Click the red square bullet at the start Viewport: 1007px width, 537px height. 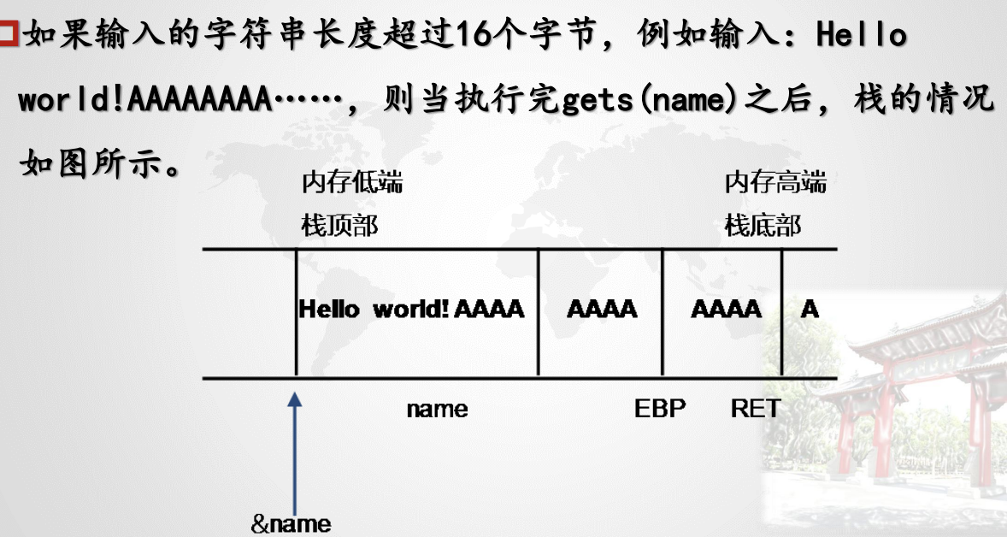click(9, 35)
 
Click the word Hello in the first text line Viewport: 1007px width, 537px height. click(861, 35)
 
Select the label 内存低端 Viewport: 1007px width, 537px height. click(351, 182)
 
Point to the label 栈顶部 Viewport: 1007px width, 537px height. click(339, 226)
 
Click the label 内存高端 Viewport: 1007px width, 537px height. click(775, 182)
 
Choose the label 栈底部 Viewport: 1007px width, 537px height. click(763, 226)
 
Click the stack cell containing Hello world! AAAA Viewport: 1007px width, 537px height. click(411, 309)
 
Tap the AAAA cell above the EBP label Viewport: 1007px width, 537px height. click(602, 309)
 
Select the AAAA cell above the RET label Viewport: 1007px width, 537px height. click(726, 309)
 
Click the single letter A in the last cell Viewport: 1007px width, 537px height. click(809, 309)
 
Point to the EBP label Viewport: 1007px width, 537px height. click(660, 409)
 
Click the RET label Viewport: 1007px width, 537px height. click(756, 409)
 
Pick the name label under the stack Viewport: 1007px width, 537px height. click(437, 409)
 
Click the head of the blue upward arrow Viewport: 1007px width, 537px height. click(295, 398)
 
